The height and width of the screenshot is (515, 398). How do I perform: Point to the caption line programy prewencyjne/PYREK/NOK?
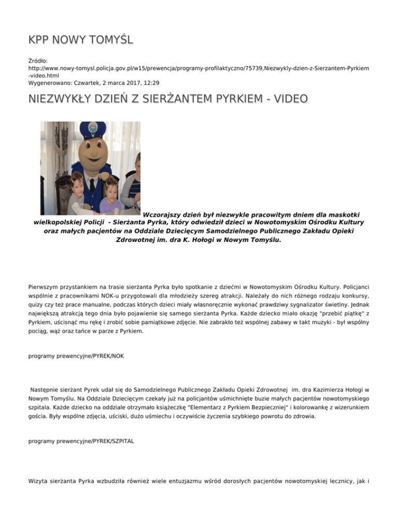76,357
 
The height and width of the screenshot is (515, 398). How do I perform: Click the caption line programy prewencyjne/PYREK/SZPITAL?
80,443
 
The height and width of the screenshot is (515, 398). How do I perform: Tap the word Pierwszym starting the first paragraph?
47,284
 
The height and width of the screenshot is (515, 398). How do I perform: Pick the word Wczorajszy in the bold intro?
167,214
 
